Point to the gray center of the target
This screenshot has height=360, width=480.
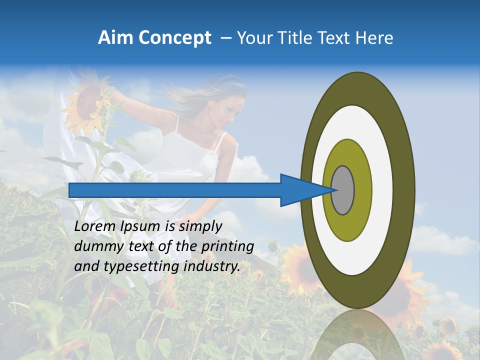coord(342,190)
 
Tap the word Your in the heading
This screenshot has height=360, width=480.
coord(253,38)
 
